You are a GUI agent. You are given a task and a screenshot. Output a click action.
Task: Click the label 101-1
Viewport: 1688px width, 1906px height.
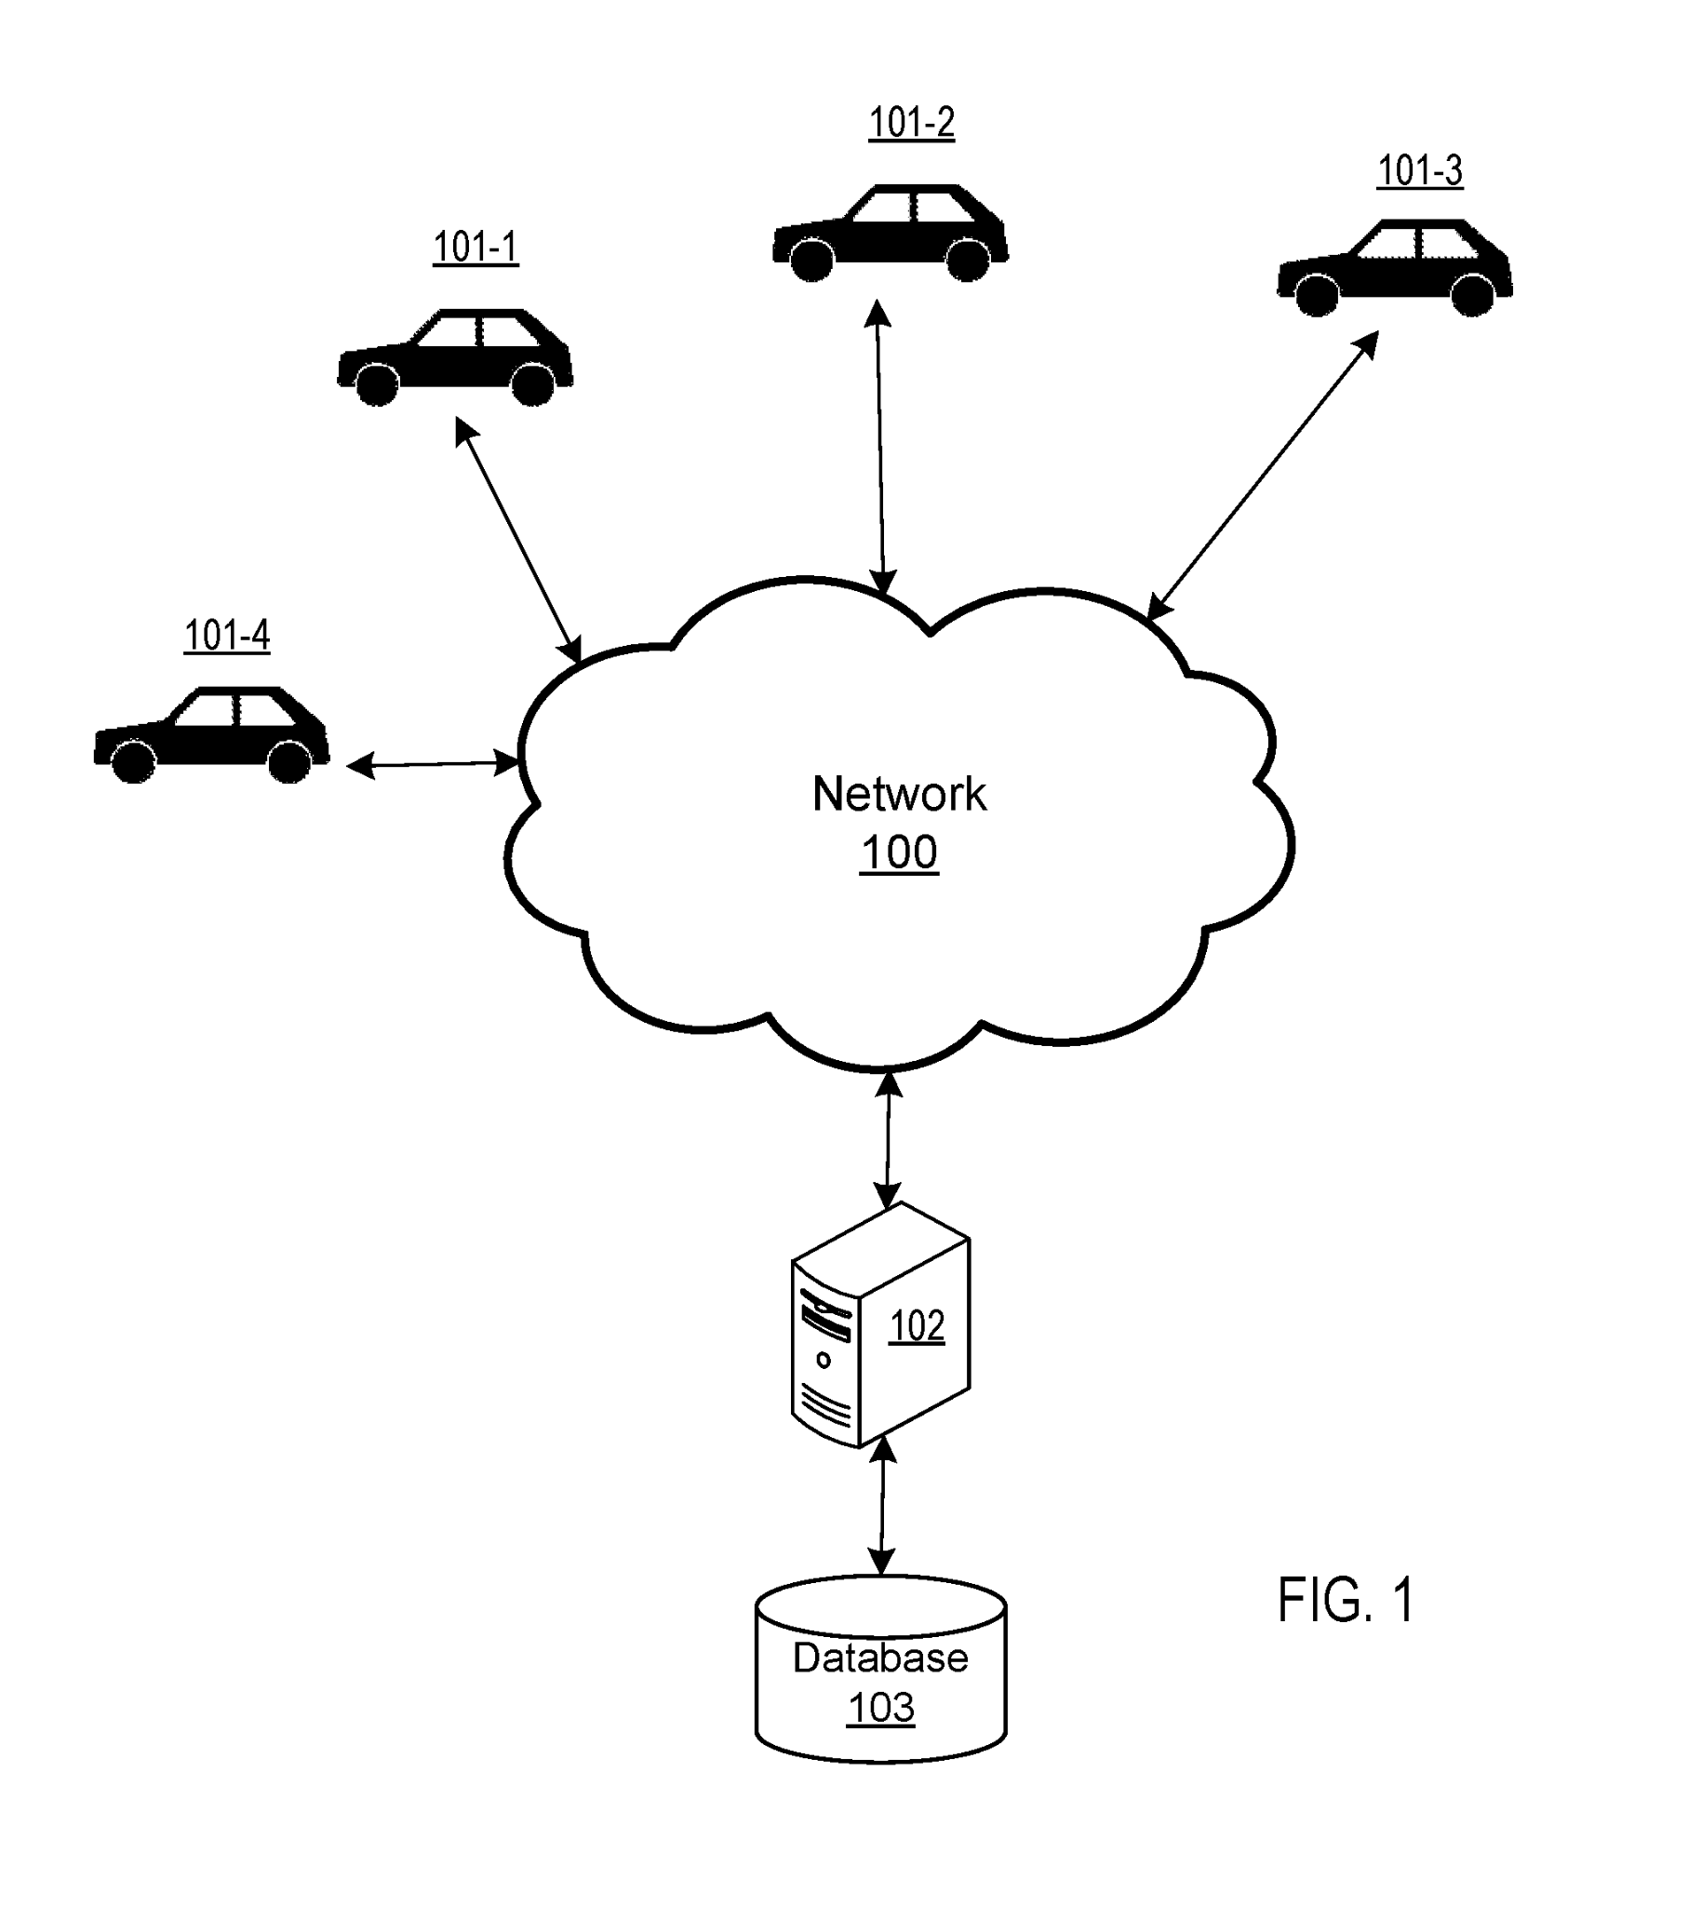(475, 248)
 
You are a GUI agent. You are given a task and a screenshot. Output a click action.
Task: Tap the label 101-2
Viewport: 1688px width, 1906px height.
(911, 122)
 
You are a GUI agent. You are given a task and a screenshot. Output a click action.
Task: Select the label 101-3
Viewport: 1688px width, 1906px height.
(1419, 170)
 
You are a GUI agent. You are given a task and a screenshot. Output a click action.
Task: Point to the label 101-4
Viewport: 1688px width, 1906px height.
(227, 636)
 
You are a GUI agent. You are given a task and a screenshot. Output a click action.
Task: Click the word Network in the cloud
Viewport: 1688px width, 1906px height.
(899, 795)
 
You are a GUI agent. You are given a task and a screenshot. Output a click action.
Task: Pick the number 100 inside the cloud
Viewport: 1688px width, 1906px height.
(899, 852)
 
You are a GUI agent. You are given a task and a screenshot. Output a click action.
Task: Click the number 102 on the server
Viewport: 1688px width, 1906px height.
(917, 1326)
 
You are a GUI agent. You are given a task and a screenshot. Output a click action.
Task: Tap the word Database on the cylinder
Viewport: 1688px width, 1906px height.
(880, 1658)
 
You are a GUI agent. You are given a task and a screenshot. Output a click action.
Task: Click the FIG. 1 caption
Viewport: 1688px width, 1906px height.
(1345, 1600)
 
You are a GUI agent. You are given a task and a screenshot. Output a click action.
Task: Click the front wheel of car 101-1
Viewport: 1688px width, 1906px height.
(378, 383)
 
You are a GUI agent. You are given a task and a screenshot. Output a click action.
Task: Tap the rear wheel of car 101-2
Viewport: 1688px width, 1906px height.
(968, 260)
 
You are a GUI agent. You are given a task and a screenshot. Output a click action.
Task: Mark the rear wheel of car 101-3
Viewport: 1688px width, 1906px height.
(1472, 295)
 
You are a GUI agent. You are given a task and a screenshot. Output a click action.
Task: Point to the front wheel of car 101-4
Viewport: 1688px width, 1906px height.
(134, 761)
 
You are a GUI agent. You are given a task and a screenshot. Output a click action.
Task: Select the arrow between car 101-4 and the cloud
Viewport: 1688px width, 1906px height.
(433, 765)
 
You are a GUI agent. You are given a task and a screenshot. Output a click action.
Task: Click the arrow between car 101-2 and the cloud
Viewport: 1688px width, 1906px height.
(880, 448)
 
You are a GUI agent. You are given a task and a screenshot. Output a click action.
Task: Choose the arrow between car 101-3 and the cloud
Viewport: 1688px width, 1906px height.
(1263, 476)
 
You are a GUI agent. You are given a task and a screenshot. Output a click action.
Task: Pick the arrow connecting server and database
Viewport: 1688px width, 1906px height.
(882, 1506)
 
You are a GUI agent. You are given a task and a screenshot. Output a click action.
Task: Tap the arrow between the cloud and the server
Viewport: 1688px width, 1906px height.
(888, 1139)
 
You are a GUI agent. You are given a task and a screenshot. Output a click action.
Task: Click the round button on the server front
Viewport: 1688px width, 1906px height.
(824, 1361)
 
